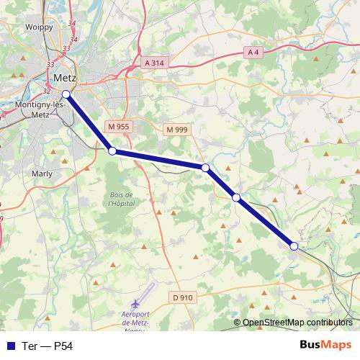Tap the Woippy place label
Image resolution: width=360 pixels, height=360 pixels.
click(x=40, y=27)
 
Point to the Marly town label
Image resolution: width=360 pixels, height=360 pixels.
click(x=42, y=174)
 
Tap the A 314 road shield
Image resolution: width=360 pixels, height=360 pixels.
click(x=154, y=63)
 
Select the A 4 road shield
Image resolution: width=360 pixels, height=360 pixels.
click(x=253, y=52)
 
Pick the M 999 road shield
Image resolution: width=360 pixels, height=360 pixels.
click(x=176, y=130)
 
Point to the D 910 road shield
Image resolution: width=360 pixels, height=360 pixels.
click(x=183, y=297)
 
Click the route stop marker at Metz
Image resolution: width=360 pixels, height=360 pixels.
click(x=66, y=94)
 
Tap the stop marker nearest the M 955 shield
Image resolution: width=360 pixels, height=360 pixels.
click(x=112, y=150)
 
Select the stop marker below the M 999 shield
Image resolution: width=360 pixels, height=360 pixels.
click(x=206, y=168)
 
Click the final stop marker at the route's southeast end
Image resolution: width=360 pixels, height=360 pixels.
click(x=294, y=246)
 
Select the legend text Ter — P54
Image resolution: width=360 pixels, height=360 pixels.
click(x=48, y=346)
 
